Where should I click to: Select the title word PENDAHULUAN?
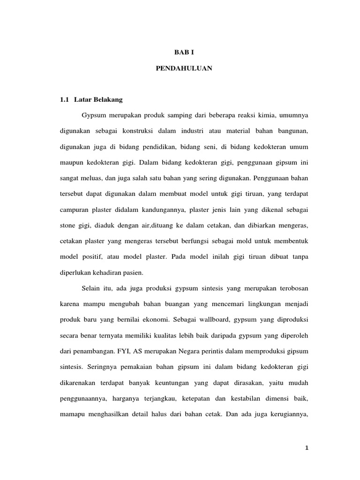point(184,68)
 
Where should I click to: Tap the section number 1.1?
point(64,99)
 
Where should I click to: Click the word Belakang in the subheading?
point(108,99)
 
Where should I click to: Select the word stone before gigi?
point(69,226)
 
